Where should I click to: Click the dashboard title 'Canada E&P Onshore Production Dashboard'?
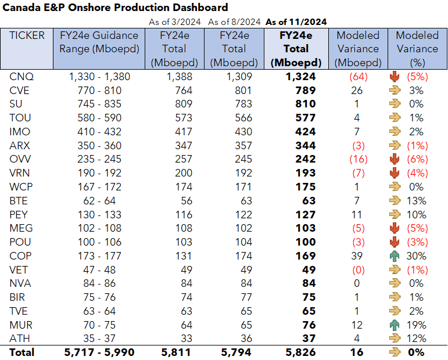point(114,8)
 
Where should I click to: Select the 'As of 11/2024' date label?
point(296,21)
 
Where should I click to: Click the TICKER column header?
point(27,35)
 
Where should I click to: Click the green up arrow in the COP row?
point(395,256)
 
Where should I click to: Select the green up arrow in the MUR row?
point(395,325)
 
